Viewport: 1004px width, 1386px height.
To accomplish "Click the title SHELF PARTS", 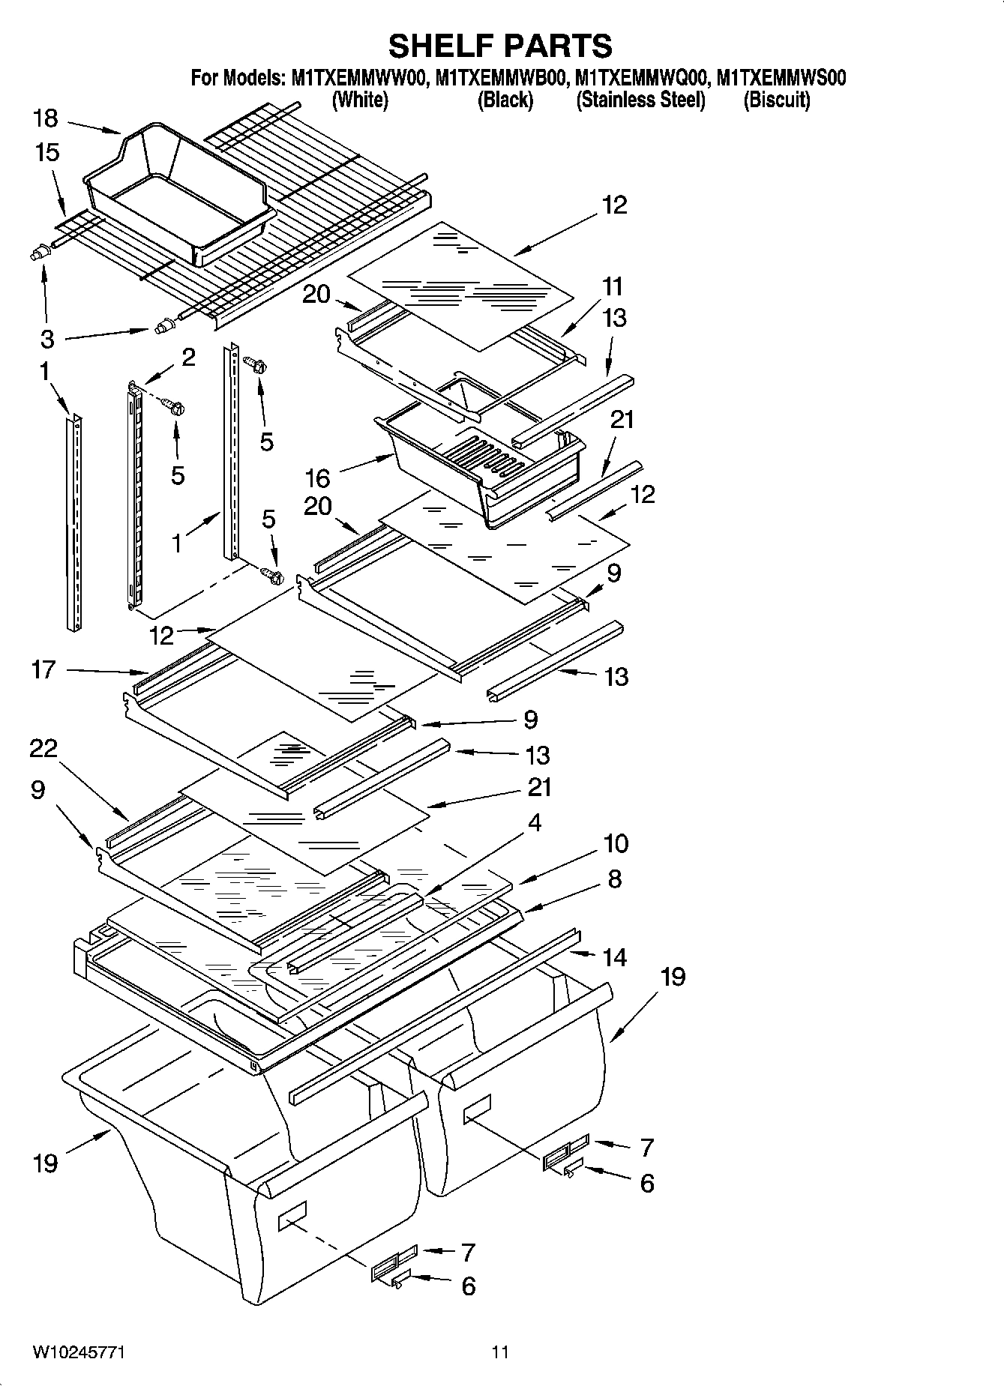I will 500,46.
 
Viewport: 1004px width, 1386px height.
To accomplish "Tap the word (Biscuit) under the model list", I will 776,100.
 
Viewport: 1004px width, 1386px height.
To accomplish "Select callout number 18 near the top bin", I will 45,118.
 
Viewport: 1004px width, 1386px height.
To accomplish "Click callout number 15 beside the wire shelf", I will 46,152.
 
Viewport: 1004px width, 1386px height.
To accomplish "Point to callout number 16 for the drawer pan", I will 317,477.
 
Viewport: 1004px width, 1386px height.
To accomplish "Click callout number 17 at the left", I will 43,669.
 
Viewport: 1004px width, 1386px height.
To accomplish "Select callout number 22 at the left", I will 43,747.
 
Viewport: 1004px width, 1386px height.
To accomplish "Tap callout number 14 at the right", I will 614,957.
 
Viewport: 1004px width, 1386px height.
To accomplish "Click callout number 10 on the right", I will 615,843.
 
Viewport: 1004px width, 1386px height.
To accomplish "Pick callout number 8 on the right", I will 614,879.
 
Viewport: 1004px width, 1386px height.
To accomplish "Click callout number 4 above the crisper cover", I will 534,822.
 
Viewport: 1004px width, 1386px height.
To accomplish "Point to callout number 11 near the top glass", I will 612,286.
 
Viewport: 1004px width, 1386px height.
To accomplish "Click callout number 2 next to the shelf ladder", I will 187,357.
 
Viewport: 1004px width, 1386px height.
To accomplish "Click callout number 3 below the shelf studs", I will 46,339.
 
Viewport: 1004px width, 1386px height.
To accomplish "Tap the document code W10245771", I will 78,1352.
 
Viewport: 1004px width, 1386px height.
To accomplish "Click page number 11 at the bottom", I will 500,1352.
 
